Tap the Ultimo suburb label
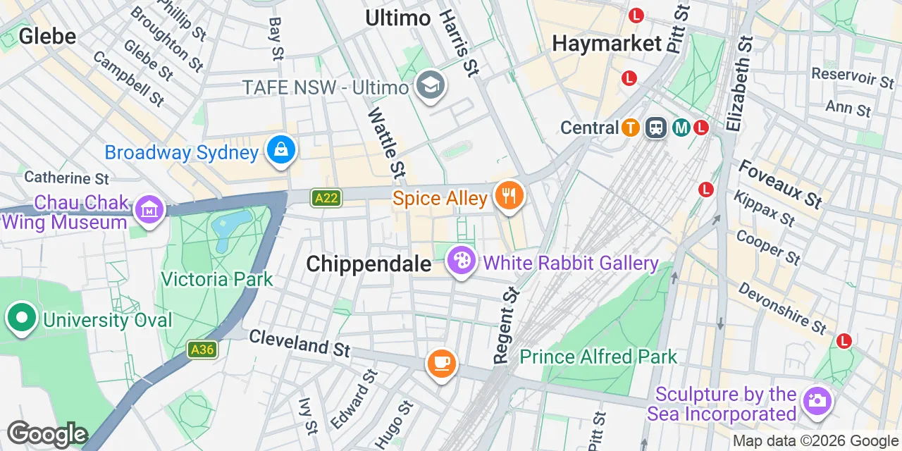(397, 18)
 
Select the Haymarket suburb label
(607, 44)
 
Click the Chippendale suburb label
(369, 264)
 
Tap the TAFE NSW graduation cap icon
(428, 86)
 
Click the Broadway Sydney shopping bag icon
(281, 150)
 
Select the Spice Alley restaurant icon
(508, 196)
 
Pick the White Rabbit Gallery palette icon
(462, 262)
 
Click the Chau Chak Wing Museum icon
(150, 210)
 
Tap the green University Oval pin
(22, 318)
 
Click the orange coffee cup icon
(442, 364)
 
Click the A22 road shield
(326, 199)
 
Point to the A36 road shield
(202, 350)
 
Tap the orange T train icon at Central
(631, 128)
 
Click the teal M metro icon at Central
(681, 128)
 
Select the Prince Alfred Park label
(598, 357)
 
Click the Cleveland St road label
(299, 342)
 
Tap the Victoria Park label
(216, 279)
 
